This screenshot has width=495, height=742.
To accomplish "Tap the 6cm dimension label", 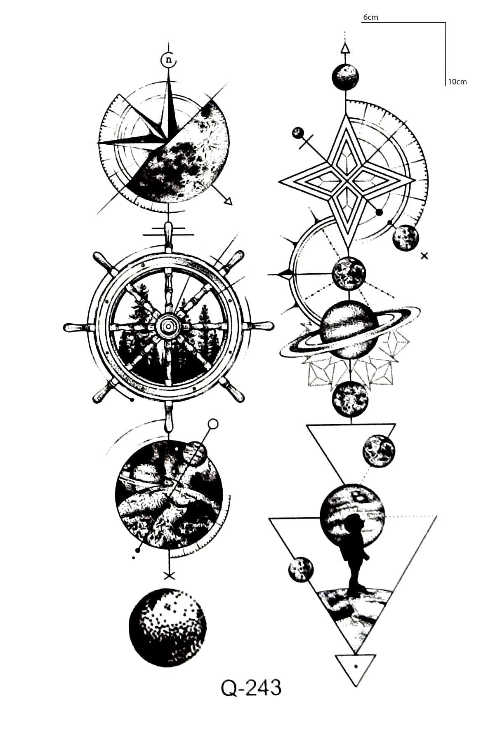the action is coord(370,17).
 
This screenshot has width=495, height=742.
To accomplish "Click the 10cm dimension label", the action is coord(457,82).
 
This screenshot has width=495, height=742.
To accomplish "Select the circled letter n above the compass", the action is coord(168,60).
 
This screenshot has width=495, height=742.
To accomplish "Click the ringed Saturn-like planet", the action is coord(350,330).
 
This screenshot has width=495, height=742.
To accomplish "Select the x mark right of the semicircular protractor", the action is coord(424,256).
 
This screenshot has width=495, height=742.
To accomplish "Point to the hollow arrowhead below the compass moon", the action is coord(228,200).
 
